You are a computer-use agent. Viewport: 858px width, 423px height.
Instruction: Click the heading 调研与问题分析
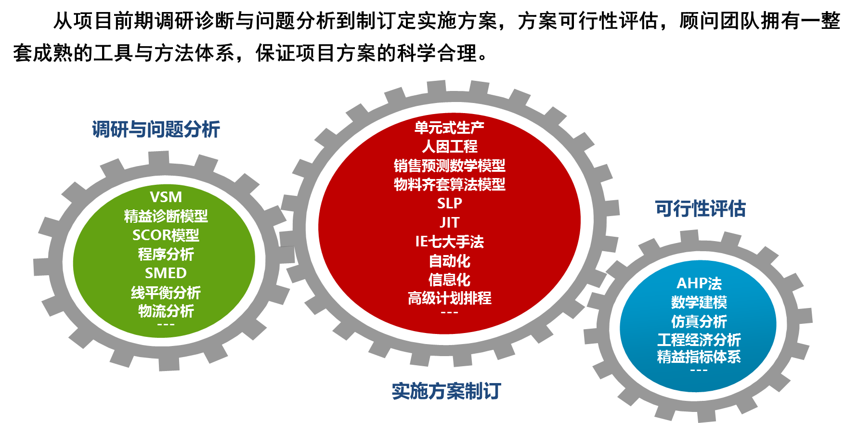156,129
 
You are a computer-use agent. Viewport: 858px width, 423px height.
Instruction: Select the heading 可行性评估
700,209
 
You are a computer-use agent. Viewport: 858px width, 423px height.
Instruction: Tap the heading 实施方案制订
446,391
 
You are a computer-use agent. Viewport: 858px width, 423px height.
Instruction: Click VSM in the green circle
166,197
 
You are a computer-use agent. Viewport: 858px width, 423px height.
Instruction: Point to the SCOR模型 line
166,235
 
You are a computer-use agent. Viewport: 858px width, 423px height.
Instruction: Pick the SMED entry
166,273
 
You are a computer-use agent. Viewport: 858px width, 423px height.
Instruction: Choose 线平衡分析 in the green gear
166,293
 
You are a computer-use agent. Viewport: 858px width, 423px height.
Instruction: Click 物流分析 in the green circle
166,311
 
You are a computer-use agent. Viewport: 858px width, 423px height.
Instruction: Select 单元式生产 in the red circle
449,128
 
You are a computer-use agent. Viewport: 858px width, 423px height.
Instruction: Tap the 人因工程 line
449,147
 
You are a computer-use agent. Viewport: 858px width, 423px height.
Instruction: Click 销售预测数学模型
449,166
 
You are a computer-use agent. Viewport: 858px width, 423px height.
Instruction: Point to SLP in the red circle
449,204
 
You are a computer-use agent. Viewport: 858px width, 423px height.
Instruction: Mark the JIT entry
449,223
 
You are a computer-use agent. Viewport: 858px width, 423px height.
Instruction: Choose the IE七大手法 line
449,242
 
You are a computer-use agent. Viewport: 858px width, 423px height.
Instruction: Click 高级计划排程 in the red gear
449,298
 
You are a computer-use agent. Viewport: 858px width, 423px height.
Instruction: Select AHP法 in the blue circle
699,283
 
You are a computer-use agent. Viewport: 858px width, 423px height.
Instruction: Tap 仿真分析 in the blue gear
699,321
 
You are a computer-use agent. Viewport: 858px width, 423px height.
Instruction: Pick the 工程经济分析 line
699,340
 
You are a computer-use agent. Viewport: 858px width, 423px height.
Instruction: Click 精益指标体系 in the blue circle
699,357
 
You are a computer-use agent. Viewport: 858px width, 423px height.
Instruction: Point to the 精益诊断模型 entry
166,217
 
